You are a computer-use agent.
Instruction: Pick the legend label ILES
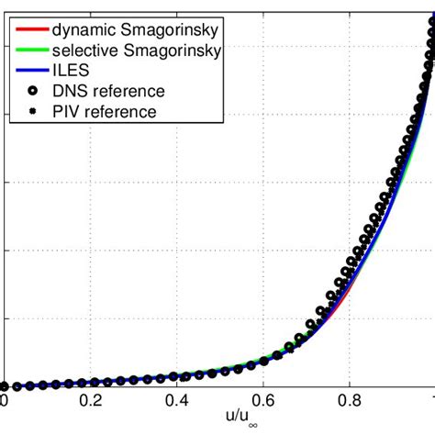tap(70, 71)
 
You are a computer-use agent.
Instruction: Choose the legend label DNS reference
tap(108, 91)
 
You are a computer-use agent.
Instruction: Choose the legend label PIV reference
tap(104, 112)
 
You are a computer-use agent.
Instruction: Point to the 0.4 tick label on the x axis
tap(176, 401)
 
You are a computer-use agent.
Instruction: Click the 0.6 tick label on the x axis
tap(263, 401)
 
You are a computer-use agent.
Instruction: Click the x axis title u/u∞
tap(220, 422)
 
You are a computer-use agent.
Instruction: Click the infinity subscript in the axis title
tap(231, 429)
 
